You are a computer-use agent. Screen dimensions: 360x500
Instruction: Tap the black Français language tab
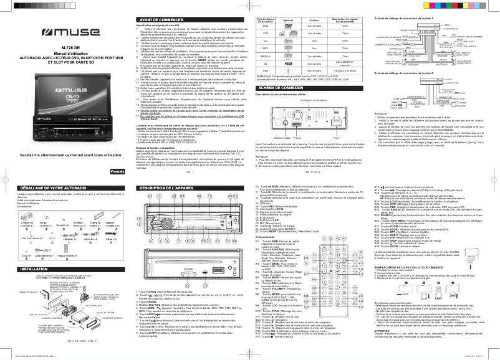coord(116,171)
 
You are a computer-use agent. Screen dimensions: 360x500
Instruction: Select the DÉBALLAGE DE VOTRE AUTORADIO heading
coord(36,187)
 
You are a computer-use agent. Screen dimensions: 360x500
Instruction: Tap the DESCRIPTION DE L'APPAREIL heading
coord(161,187)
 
